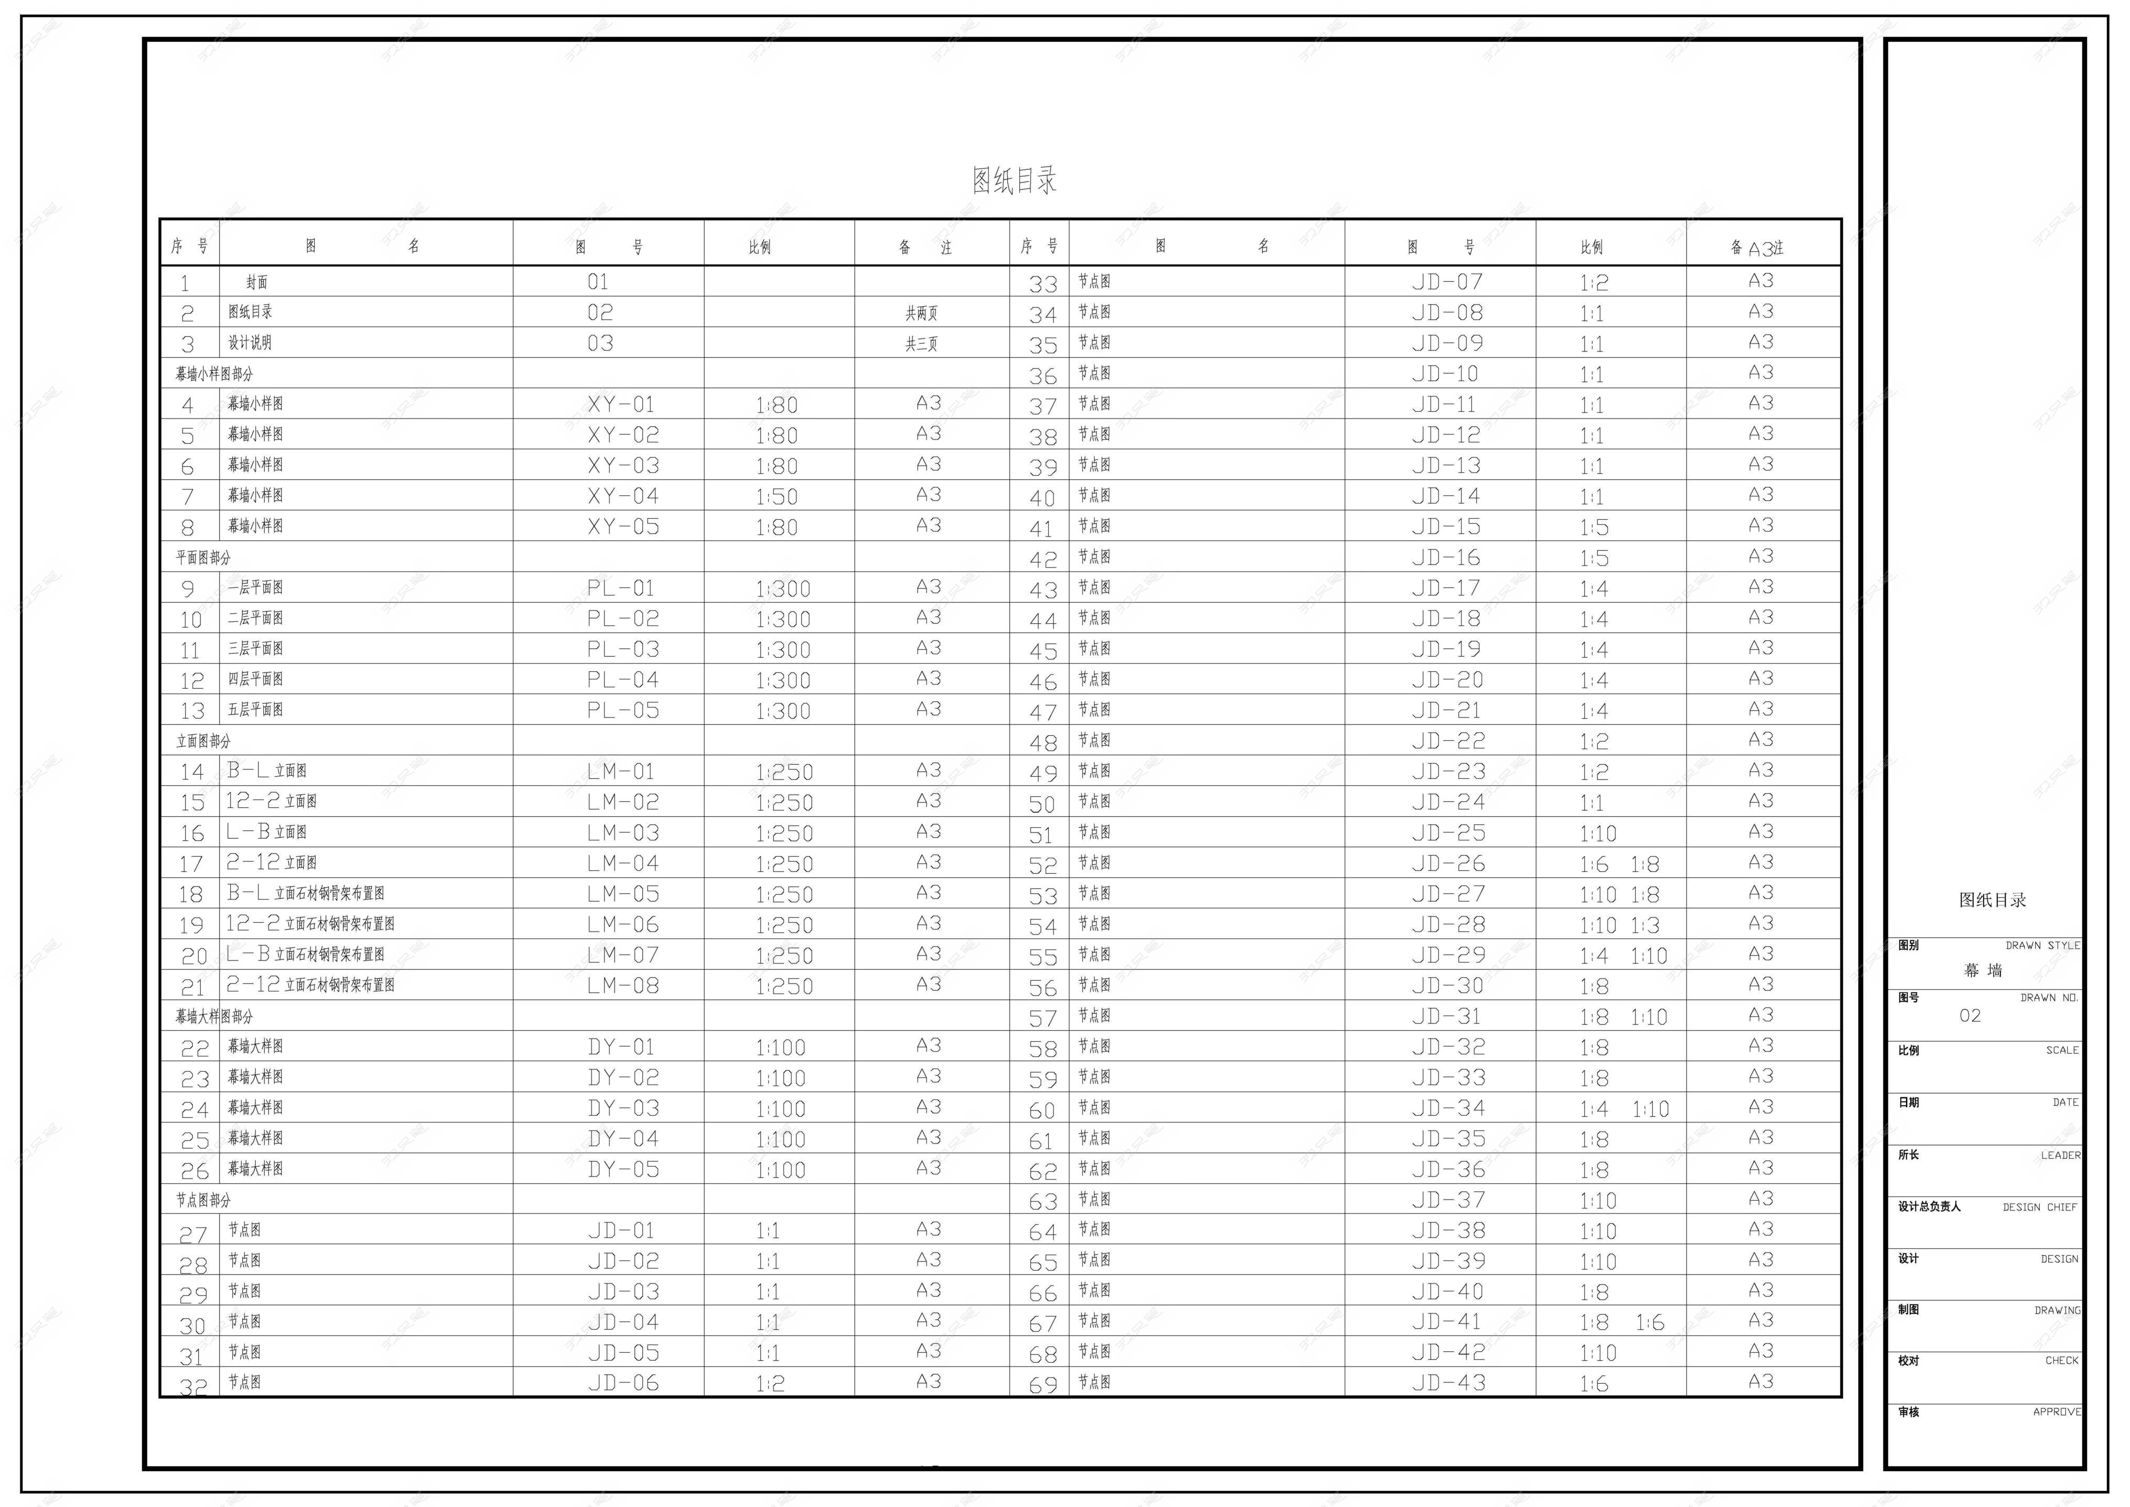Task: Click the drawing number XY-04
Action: [622, 496]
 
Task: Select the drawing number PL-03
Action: [622, 649]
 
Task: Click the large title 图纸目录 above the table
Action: [1014, 180]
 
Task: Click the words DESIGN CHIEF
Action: [2039, 1207]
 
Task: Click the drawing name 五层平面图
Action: [255, 710]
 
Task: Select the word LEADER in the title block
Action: [2060, 1156]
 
